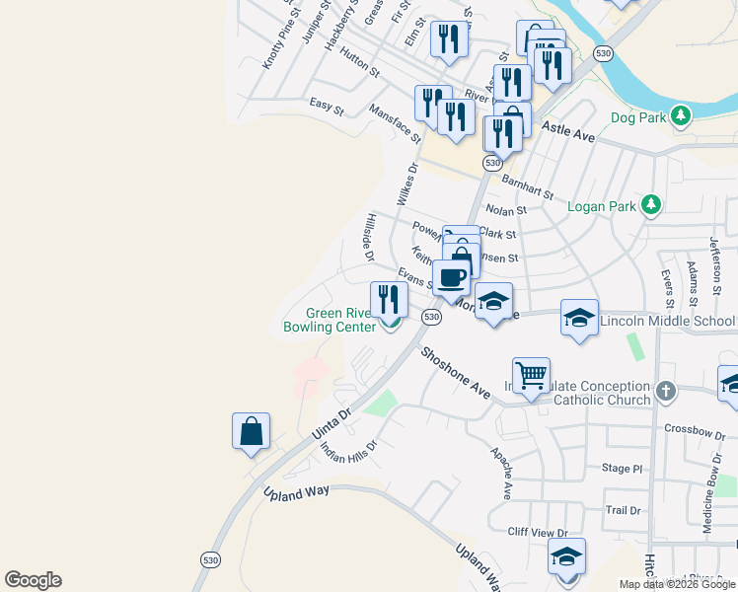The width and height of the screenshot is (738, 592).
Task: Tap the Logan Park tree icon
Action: click(650, 205)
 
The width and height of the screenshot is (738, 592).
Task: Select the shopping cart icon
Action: click(532, 375)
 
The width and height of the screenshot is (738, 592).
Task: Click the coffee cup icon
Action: click(452, 277)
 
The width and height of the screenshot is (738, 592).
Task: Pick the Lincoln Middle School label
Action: click(667, 322)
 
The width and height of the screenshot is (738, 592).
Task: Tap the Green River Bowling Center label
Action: click(329, 320)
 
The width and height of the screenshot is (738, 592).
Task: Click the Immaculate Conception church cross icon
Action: click(667, 392)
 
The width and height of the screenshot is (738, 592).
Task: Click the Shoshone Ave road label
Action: click(456, 372)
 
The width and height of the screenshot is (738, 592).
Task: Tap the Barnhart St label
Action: click(528, 184)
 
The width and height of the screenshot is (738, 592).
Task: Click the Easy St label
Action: click(326, 107)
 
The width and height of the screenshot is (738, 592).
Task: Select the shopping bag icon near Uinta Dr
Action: click(251, 431)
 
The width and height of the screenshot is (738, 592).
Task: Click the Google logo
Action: click(33, 580)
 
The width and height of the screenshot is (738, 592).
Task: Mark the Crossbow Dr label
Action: click(694, 428)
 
